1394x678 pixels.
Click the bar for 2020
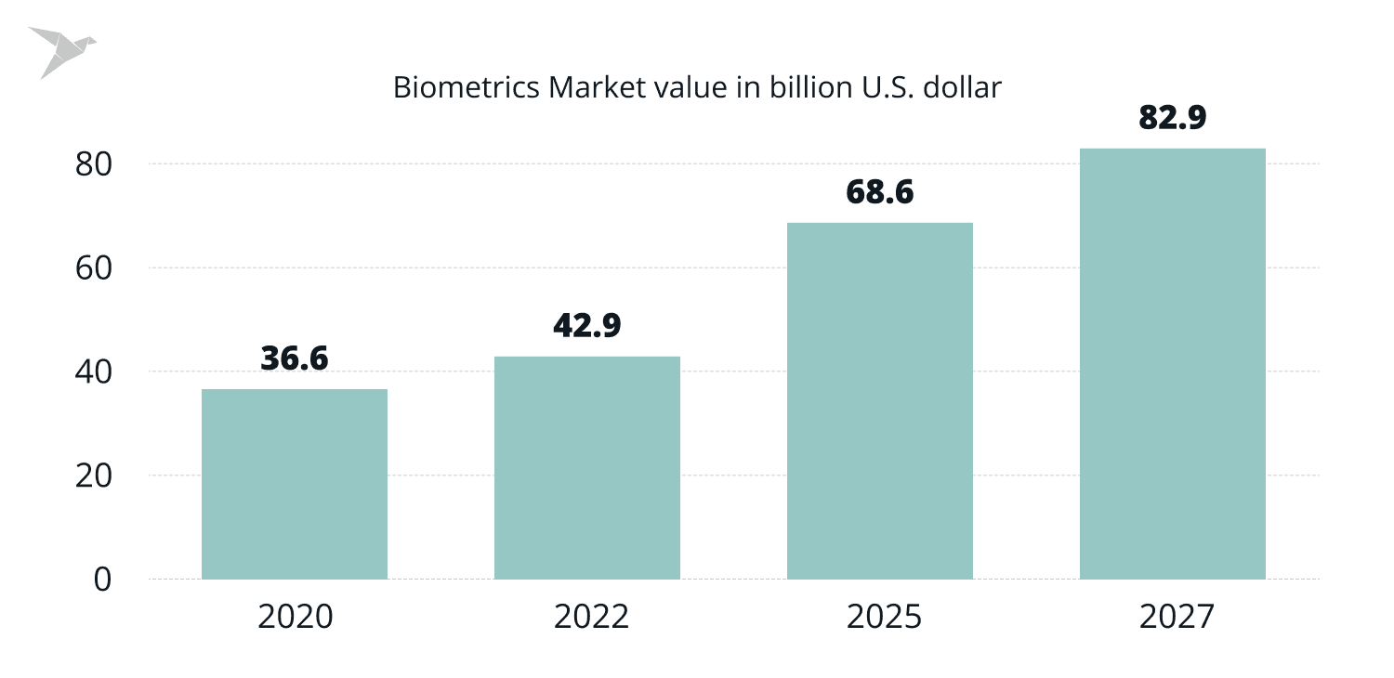click(x=295, y=484)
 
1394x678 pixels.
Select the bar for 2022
click(x=587, y=468)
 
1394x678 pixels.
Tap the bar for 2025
click(x=880, y=401)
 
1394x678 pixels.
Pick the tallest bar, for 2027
click(x=1173, y=364)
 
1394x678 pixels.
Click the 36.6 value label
click(x=295, y=359)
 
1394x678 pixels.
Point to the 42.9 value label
click(x=587, y=325)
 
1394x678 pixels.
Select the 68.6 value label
click(x=880, y=192)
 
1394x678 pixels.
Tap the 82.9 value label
click(x=1173, y=118)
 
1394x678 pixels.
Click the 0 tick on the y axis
click(x=102, y=579)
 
